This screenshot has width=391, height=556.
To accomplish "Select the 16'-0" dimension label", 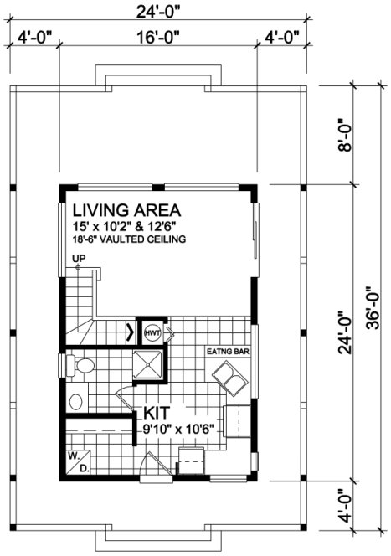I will tap(158, 36).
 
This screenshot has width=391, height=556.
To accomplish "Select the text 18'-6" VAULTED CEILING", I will tap(128, 239).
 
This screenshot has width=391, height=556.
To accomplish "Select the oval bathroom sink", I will tap(75, 400).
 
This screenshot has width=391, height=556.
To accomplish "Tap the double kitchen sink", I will tap(229, 376).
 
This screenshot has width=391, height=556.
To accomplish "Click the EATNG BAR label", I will tap(229, 352).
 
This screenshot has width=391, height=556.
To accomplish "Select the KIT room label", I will tap(158, 414).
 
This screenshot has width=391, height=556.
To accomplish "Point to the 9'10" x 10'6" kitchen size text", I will tap(179, 429).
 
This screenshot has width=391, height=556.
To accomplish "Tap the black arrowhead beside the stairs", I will tap(129, 332).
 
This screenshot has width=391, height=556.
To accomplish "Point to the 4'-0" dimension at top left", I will tap(34, 36).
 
